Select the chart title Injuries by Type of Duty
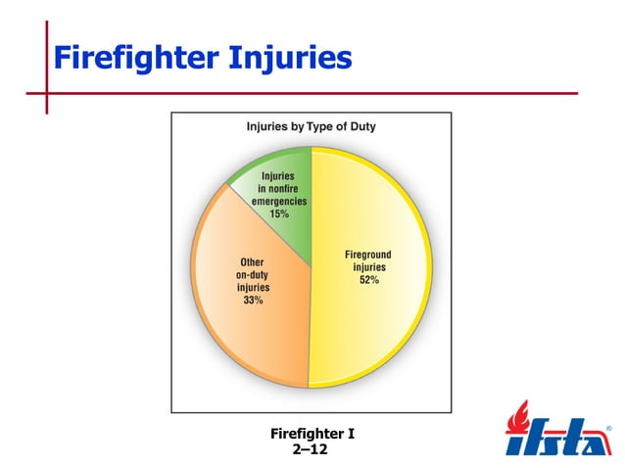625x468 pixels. click(310, 127)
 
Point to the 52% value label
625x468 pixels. click(369, 280)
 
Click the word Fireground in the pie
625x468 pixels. click(369, 255)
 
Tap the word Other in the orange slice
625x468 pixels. click(253, 262)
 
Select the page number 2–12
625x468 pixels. click(311, 450)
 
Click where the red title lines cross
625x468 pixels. click(45, 93)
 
